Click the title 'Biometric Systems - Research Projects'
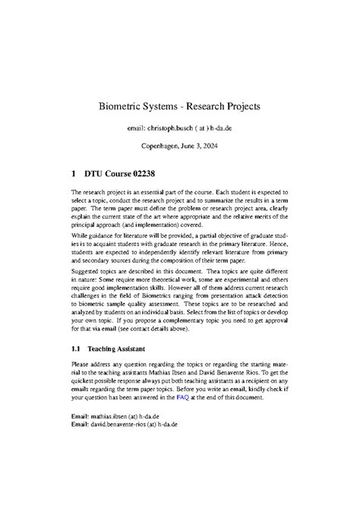pos(180,107)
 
